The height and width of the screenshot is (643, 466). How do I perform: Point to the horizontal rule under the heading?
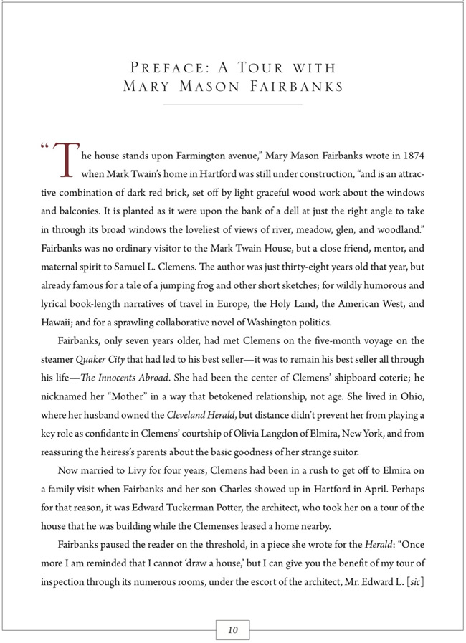[232, 105]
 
